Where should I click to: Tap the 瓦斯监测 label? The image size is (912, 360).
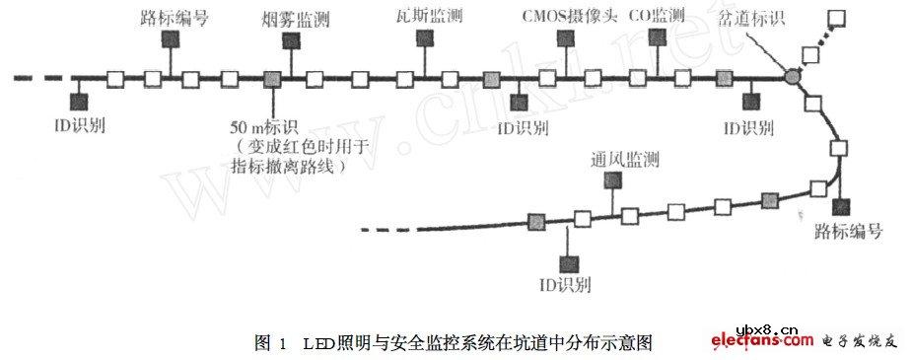click(424, 17)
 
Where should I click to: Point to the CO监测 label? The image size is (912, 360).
click(658, 17)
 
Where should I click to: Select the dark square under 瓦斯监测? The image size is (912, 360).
click(424, 37)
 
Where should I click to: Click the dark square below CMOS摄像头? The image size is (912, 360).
click(565, 38)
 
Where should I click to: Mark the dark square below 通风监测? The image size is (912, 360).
click(612, 180)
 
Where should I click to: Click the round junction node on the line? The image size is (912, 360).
click(792, 76)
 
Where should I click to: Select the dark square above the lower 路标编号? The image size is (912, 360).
click(841, 206)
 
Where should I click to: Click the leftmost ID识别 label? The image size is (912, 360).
click(80, 127)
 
